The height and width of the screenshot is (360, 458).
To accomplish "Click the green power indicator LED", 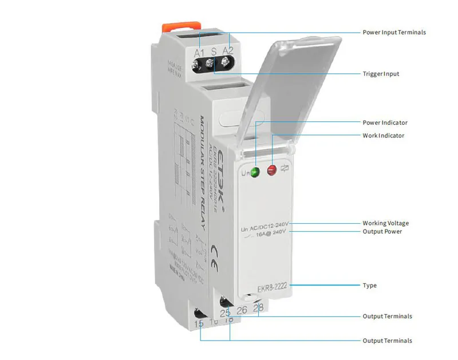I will (256, 171).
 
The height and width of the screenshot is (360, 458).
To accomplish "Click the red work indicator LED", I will (272, 169).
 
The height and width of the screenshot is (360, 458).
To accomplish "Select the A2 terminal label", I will (228, 52).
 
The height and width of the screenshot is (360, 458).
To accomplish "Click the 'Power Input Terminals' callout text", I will (394, 33).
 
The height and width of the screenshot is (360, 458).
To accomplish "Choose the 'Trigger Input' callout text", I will (381, 74).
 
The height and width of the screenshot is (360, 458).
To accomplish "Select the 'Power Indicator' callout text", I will (385, 122).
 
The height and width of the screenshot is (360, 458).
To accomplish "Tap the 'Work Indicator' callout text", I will (384, 136).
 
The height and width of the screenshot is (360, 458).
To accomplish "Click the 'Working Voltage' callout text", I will (385, 223).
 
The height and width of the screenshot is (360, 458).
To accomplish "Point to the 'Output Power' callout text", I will (382, 232).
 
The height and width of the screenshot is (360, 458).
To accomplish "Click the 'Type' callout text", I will (370, 285).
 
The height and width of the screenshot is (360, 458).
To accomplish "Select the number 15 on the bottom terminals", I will (199, 324).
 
